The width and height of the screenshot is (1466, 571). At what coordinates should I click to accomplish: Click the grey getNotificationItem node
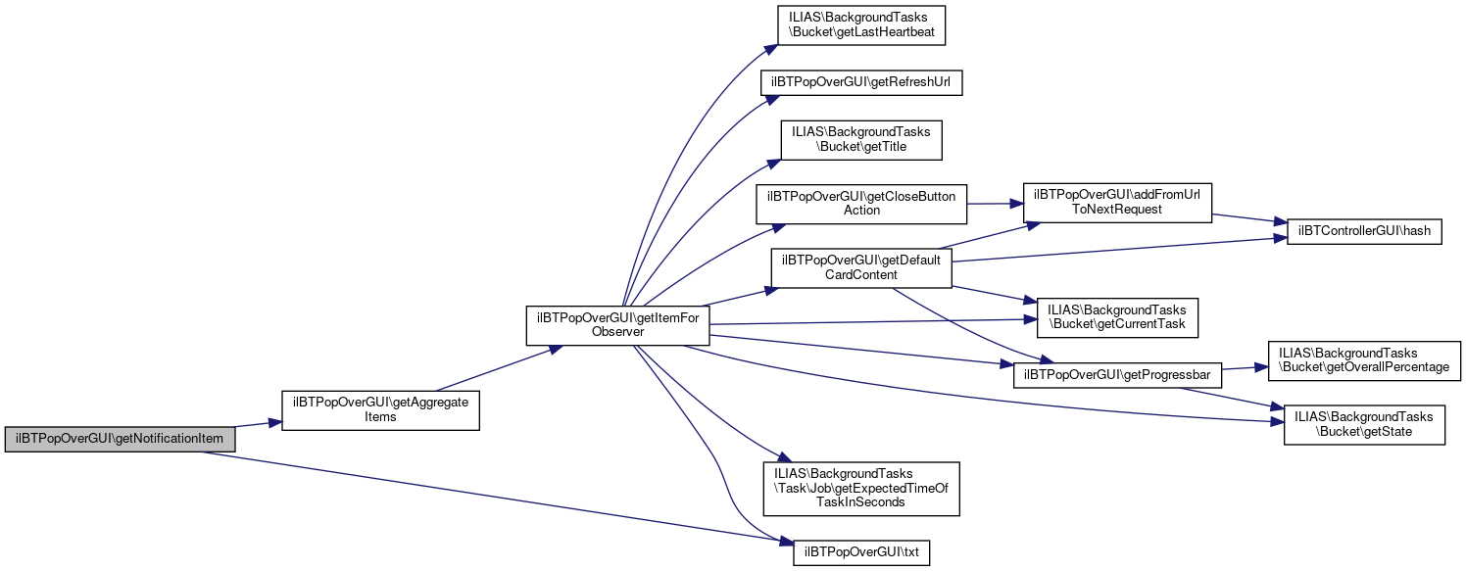pyautogui.click(x=121, y=439)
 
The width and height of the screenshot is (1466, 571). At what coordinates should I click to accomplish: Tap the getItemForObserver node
pyautogui.click(x=617, y=325)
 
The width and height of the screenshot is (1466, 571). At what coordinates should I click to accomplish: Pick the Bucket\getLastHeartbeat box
pyautogui.click(x=860, y=24)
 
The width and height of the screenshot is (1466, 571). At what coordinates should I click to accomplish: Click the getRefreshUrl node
pyautogui.click(x=862, y=83)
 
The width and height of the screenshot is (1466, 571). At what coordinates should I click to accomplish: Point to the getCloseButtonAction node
pyautogui.click(x=861, y=203)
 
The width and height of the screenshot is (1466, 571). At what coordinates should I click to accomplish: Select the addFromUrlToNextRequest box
pyautogui.click(x=1117, y=203)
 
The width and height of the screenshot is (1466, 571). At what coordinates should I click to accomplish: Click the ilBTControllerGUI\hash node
pyautogui.click(x=1363, y=231)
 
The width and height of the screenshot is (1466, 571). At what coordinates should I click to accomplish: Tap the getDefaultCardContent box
pyautogui.click(x=861, y=268)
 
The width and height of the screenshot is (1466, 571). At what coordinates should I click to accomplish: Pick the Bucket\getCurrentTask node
pyautogui.click(x=1111, y=316)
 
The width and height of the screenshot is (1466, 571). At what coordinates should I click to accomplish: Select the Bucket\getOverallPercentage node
pyautogui.click(x=1364, y=360)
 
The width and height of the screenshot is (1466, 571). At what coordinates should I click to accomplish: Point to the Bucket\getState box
pyautogui.click(x=1364, y=424)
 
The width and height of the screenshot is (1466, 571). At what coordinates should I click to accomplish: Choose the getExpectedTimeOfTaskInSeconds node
pyautogui.click(x=861, y=489)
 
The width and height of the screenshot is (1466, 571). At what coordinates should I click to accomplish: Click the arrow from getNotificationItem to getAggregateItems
pyautogui.click(x=259, y=425)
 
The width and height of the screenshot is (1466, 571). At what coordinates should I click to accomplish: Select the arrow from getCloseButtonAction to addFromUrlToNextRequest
pyautogui.click(x=995, y=203)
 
